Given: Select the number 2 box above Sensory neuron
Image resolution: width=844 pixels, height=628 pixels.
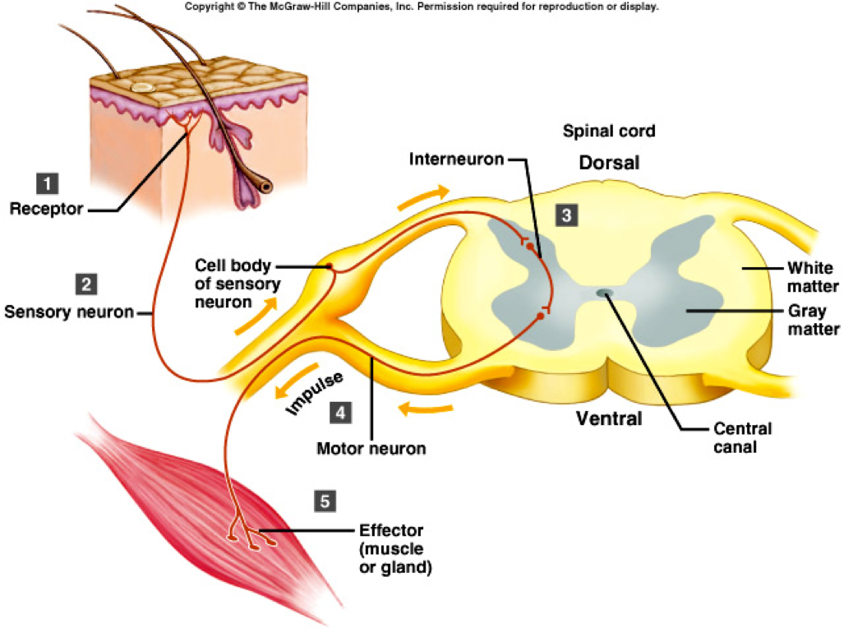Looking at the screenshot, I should pos(85,285).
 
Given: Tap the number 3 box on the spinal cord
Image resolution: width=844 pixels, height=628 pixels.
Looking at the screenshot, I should pos(566,215).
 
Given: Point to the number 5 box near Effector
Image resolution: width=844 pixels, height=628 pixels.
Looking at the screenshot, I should pos(325,500).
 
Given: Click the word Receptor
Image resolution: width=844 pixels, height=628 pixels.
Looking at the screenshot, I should pos(46,209).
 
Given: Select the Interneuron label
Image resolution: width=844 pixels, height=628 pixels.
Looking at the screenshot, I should pos(455,159).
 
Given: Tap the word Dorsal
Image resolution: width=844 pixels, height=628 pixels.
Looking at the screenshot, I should pos(609,163).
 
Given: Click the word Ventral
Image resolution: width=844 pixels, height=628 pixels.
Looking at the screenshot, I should pos(608,418).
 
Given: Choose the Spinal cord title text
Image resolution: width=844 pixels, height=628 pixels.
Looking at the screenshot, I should pos(608,131).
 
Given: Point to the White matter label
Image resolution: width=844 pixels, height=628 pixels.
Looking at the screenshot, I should pos(810,277).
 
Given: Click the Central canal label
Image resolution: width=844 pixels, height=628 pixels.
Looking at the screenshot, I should pos(742,438).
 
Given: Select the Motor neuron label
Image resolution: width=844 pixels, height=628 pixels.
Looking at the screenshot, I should pos(371,449).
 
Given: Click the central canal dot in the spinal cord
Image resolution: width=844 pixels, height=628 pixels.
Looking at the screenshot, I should pos(604,292).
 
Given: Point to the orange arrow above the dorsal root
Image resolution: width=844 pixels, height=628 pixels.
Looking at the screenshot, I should pos(426,196).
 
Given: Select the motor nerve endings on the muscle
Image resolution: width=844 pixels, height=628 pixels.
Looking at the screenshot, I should pos(246,538).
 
